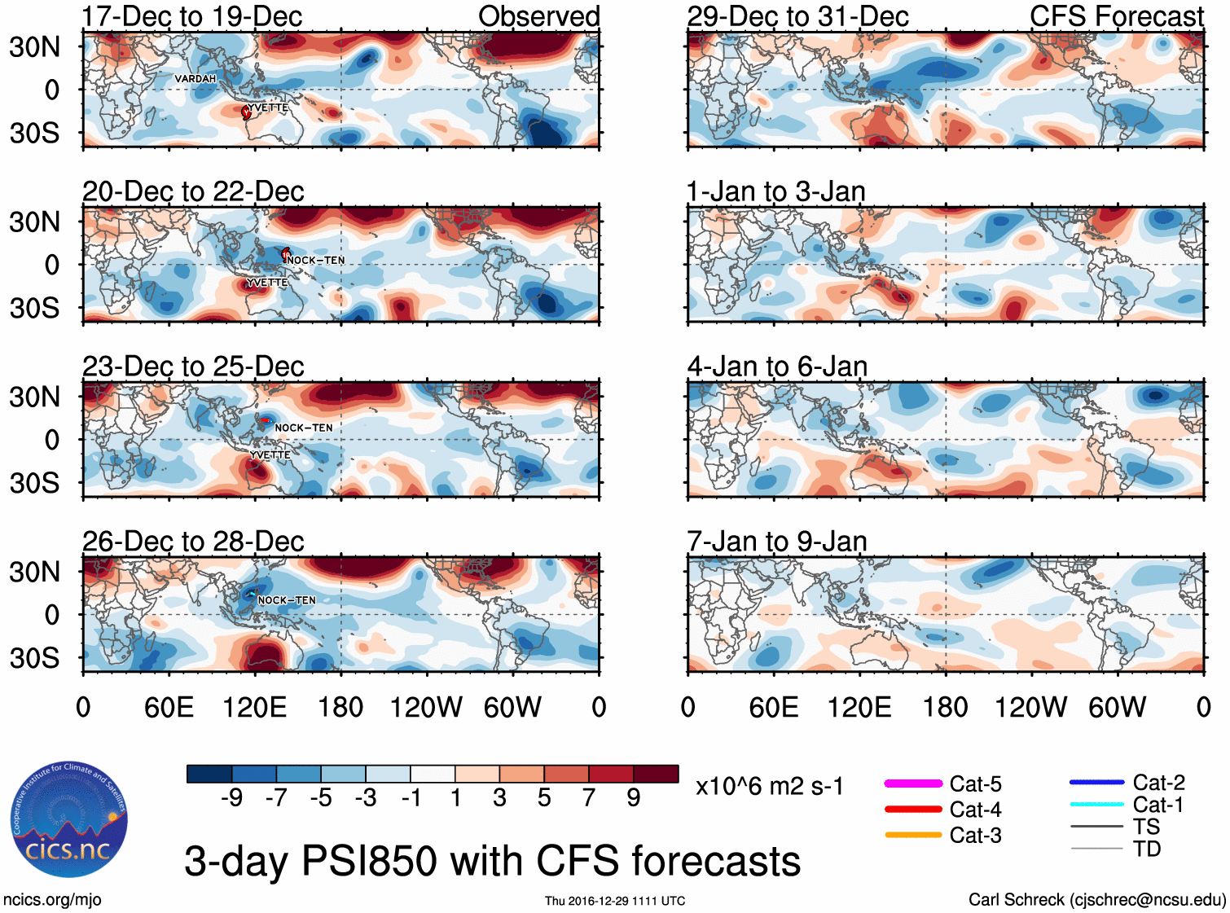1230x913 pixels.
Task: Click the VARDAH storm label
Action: click(195, 79)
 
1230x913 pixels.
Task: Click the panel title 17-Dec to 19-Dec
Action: click(192, 16)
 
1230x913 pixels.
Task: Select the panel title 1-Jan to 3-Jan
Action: click(775, 192)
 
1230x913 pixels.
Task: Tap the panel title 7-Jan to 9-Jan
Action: click(777, 542)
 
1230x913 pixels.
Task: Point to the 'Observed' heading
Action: click(538, 16)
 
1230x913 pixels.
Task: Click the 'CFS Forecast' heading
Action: click(1116, 16)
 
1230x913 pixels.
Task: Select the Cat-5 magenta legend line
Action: click(913, 784)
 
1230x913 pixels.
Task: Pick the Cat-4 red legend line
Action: click(913, 810)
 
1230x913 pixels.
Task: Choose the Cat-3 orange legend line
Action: click(913, 835)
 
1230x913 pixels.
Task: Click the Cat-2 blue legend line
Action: click(1096, 783)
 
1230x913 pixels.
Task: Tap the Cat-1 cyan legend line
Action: click(1096, 805)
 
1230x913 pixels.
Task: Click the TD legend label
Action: click(1147, 849)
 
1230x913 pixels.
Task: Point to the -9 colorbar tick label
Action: click(231, 798)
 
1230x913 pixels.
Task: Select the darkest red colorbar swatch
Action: click(656, 774)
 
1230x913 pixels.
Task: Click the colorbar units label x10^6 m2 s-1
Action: click(769, 787)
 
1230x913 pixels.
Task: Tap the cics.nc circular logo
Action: click(69, 820)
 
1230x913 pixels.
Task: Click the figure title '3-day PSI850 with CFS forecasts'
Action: click(492, 862)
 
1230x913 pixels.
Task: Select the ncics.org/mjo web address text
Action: click(52, 900)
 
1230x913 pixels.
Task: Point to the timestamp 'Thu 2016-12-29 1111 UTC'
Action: click(615, 901)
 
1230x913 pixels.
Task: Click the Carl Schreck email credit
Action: click(1096, 900)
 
